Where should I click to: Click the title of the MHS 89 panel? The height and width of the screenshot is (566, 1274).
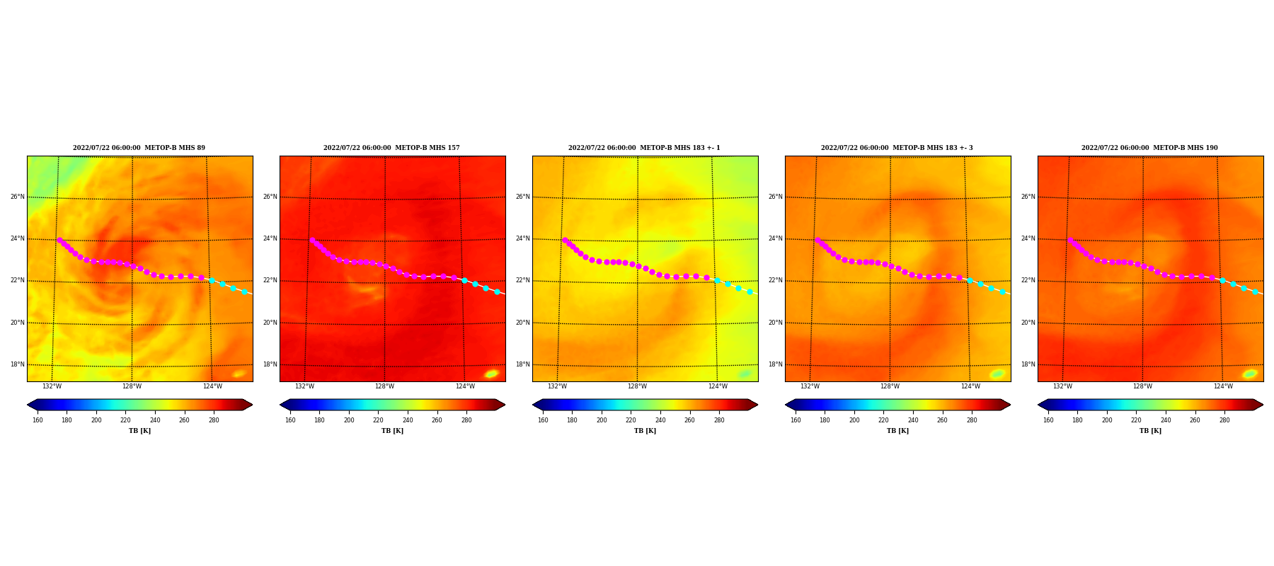139,148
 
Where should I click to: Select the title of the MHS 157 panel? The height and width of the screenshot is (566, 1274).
391,148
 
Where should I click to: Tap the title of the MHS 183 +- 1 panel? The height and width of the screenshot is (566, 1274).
644,148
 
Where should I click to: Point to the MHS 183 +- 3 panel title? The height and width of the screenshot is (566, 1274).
897,148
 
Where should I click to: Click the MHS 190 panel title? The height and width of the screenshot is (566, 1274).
1149,148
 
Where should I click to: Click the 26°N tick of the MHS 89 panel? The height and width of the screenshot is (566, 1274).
18,197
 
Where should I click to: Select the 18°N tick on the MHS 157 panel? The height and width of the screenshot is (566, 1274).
270,364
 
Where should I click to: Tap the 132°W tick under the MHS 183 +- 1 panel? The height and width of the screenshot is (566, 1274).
557,386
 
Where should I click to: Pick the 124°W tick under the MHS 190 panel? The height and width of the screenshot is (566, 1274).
1223,386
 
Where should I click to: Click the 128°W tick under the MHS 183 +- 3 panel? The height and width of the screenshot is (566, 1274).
890,386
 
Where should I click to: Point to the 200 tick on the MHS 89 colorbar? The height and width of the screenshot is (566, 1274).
96,420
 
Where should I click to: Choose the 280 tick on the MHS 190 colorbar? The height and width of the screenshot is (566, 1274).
1224,420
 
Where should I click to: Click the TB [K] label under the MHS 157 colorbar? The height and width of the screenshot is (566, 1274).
392,431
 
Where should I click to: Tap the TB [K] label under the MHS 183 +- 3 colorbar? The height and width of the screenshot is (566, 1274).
897,431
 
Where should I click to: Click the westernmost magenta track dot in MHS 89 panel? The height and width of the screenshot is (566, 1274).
59,241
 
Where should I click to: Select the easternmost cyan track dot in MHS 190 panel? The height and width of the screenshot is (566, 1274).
1255,291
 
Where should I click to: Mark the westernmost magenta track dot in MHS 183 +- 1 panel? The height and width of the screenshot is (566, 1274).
565,241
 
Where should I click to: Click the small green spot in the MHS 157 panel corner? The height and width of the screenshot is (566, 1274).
492,374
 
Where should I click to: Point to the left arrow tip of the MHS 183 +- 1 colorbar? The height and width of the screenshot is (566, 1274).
533,405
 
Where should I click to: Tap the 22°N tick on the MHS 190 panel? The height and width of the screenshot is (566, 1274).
1028,280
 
